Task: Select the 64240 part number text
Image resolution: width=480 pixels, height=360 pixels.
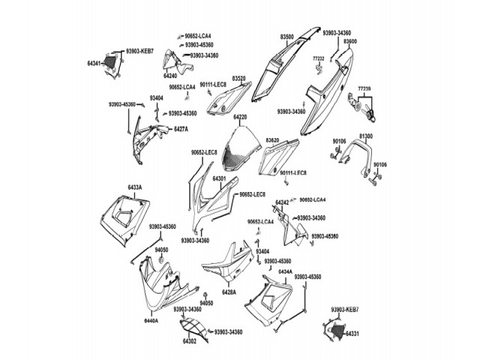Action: tap(170, 76)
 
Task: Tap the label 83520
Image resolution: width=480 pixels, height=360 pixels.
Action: tap(239, 78)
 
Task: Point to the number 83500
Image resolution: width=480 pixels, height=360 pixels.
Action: tap(288, 36)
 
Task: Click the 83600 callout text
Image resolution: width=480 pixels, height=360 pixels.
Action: tap(350, 42)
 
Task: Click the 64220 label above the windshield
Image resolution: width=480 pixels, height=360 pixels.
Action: tap(240, 117)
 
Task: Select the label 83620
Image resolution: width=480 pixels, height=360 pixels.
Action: tap(272, 140)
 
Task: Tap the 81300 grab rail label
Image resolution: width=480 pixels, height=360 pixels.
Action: tap(365, 136)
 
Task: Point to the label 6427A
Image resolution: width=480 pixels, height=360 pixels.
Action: tap(181, 129)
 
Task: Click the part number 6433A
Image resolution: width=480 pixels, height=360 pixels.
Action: tap(135, 187)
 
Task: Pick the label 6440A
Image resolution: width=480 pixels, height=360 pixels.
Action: tap(151, 320)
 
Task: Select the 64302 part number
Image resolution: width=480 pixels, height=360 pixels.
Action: tap(189, 342)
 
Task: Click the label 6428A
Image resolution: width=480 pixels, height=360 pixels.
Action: tap(229, 292)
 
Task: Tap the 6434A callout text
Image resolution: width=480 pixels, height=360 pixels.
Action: tap(286, 271)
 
